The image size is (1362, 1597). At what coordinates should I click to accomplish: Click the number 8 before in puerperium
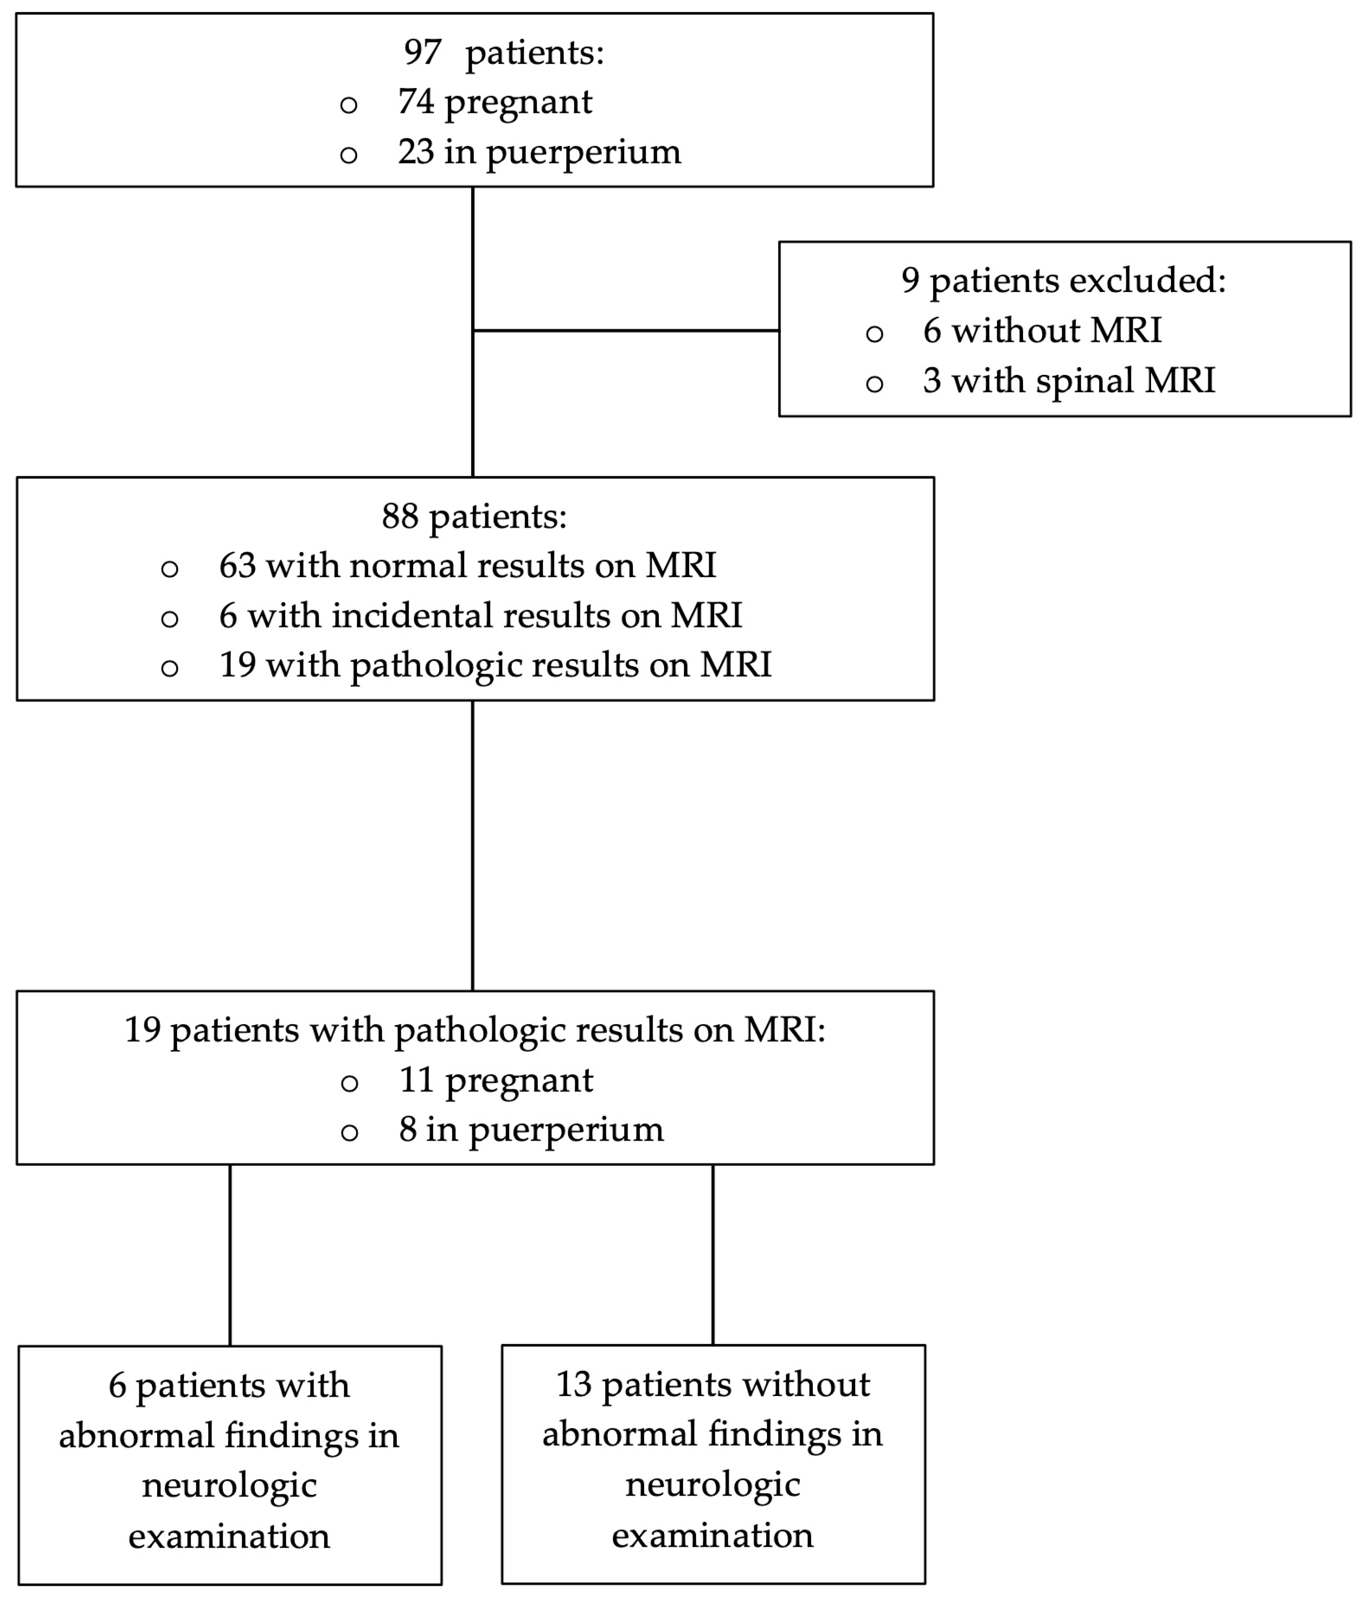(x=408, y=1130)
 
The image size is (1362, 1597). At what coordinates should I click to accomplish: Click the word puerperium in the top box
(x=583, y=153)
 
